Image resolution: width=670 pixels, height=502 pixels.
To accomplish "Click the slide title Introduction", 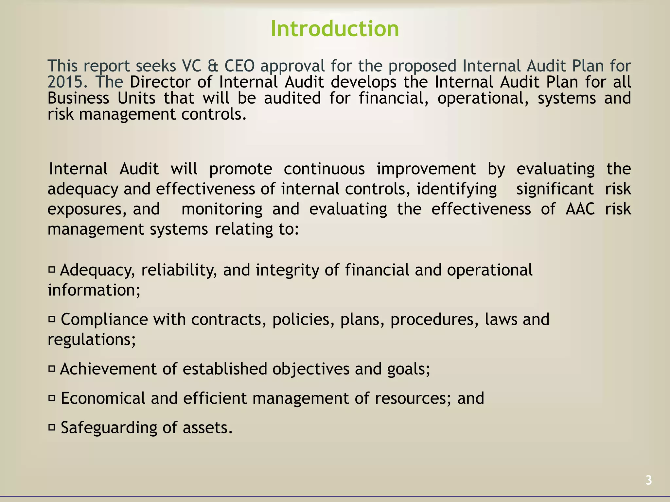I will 335,29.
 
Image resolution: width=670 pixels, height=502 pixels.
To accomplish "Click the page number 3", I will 648,480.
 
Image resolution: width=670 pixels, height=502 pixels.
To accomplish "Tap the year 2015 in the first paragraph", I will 67,82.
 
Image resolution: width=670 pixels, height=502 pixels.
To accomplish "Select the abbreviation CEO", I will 239,66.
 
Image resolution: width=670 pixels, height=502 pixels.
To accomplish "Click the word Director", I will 160,82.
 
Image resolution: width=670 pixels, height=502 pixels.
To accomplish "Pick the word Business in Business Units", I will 78,98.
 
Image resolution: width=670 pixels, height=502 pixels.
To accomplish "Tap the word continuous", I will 324,169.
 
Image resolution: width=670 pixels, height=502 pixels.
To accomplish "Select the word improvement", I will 426,169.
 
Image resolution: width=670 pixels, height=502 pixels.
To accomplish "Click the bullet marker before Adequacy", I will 51,270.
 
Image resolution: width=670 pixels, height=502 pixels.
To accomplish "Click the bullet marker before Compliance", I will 51,319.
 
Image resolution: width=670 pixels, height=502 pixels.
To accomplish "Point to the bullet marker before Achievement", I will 51,369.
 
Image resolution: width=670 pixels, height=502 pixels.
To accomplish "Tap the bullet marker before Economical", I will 51,398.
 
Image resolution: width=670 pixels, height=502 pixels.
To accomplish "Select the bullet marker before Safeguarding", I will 51,427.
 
